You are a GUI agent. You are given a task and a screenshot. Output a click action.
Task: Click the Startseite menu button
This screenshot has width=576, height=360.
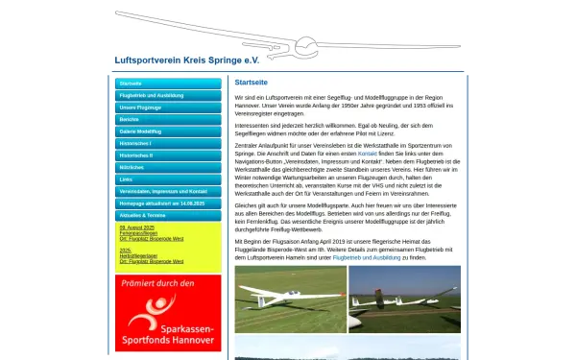(168, 84)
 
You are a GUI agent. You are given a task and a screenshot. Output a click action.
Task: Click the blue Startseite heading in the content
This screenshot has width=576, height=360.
(251, 83)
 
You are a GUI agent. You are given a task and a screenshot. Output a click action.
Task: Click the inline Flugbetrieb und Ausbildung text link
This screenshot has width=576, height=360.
(358, 257)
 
